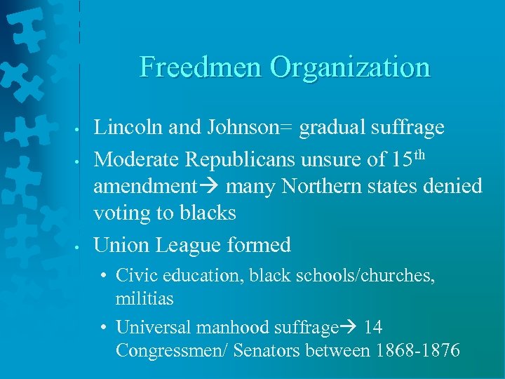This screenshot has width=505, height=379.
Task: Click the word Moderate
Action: (x=136, y=159)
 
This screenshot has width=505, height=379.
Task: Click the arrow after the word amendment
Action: (x=208, y=187)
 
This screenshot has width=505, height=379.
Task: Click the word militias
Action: (x=144, y=298)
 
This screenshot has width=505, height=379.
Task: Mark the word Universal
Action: (x=148, y=327)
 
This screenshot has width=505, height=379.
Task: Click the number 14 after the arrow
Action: (x=373, y=327)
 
